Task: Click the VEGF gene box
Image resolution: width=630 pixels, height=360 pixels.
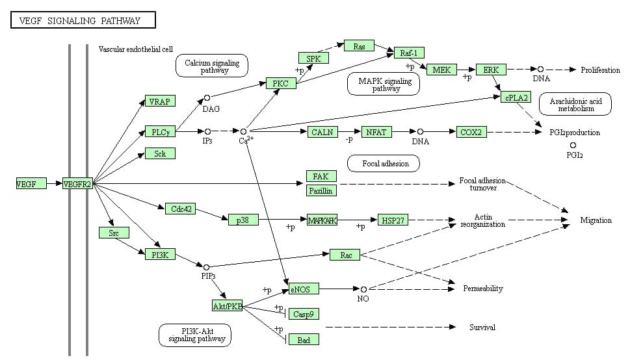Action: coord(31,184)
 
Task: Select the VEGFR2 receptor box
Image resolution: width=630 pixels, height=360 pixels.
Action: coord(77,184)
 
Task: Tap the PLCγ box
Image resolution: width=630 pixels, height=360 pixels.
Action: coord(160,132)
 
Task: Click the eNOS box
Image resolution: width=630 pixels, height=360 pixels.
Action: coord(300,289)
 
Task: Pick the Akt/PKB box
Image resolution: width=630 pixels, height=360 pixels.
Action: coord(227,305)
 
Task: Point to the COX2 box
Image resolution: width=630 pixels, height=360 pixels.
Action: coord(471,132)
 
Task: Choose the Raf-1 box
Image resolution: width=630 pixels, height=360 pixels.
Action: coord(409,53)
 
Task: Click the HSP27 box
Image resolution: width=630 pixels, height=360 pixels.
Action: coord(393,220)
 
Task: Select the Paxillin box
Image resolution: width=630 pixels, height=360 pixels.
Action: coord(321,190)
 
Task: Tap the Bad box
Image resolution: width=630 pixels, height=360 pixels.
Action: coord(304,339)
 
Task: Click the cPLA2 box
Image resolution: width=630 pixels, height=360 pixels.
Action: coord(516,97)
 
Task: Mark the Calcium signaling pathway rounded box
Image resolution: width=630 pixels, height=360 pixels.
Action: coord(212,66)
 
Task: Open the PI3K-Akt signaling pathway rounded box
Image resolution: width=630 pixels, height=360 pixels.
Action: coord(196,335)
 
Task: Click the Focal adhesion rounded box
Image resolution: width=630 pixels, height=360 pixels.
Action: coord(386,164)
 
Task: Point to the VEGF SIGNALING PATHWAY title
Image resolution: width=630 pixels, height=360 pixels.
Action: coord(84,21)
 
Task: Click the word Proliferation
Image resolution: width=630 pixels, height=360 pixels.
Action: coord(600,70)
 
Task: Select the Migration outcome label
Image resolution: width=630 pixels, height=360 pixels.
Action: coord(596,220)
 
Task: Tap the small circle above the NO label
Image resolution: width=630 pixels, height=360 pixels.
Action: coord(363,289)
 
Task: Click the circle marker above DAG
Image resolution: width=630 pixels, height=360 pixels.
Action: coord(207,98)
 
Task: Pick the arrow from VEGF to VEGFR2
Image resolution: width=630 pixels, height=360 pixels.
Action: coord(55,184)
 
